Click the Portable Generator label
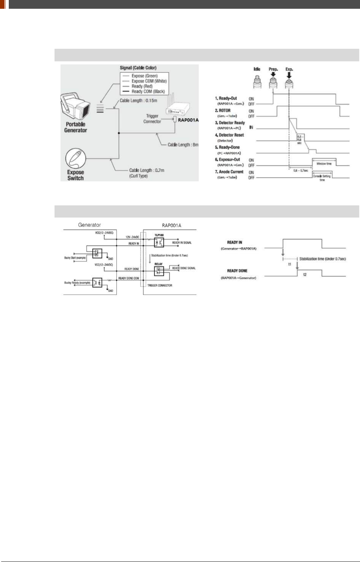(76, 127)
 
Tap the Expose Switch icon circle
(76, 158)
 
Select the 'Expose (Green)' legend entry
(145, 76)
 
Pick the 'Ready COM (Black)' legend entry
(148, 91)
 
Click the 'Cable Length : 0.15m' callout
(138, 101)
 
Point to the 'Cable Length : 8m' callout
(183, 145)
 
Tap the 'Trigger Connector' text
(152, 118)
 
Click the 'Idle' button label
(257, 69)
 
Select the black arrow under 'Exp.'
(289, 74)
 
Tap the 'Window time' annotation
(324, 164)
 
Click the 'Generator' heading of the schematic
(89, 225)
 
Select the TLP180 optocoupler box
(159, 243)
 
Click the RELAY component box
(159, 271)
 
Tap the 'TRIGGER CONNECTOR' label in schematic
(160, 285)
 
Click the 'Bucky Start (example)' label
(75, 258)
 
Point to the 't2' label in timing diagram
(305, 275)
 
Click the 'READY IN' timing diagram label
(235, 242)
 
